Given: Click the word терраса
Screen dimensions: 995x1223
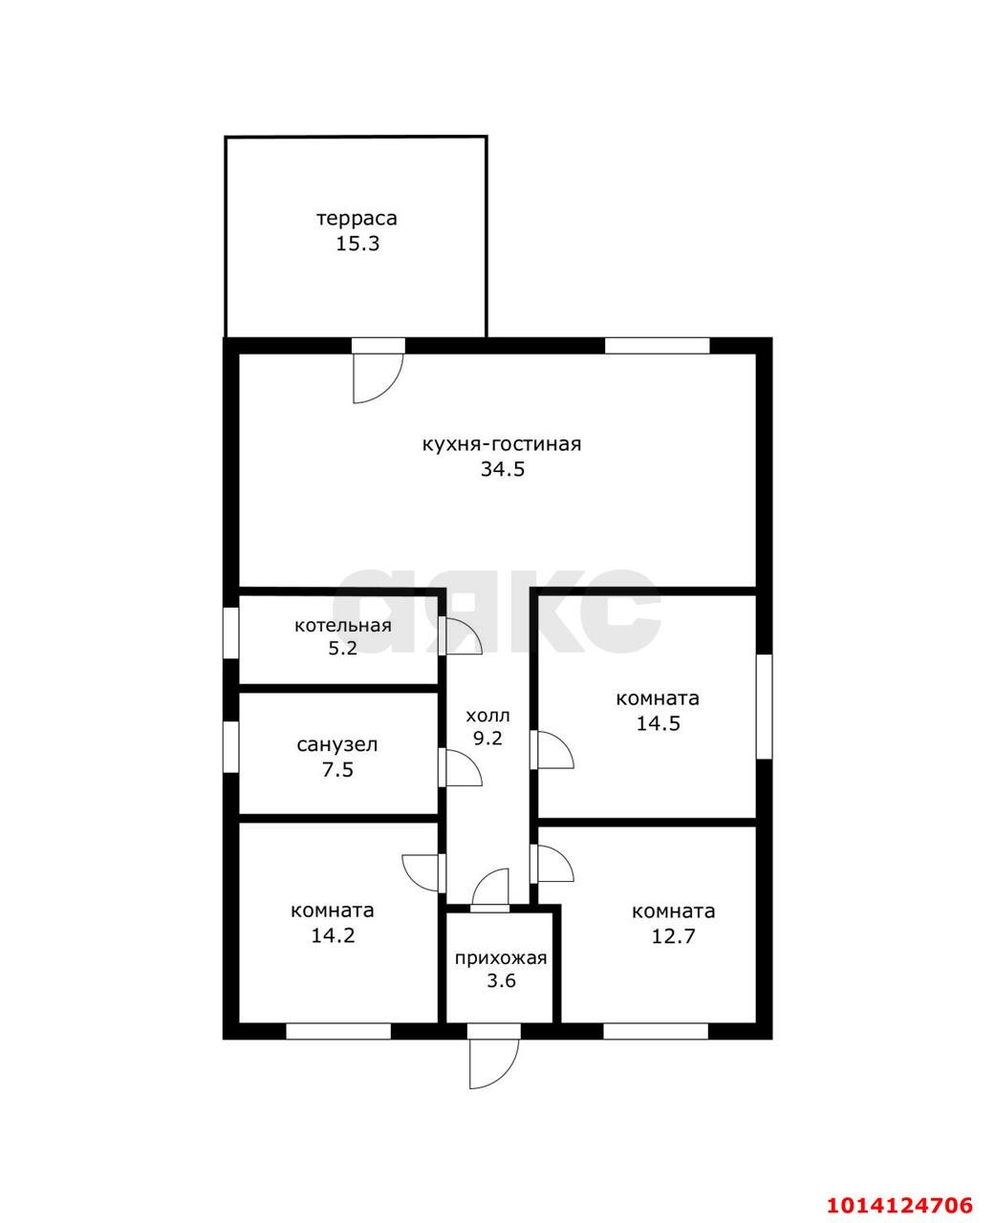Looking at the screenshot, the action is [357, 219].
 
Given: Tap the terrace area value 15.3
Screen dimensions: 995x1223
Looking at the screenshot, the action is [357, 244].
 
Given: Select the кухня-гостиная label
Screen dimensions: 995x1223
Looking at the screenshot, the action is [502, 444].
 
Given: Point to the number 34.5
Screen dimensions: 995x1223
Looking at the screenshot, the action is [503, 469].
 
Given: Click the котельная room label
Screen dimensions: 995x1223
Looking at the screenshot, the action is [343, 625].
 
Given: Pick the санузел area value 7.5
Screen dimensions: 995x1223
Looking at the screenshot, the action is [337, 769].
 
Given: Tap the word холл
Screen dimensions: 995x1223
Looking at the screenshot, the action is [487, 716].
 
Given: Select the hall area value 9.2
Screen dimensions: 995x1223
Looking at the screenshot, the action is [487, 738].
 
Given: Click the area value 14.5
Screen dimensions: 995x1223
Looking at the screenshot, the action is [658, 723].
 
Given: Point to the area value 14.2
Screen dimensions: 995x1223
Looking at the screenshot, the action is [333, 935].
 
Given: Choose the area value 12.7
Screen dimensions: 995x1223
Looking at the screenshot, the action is [673, 936].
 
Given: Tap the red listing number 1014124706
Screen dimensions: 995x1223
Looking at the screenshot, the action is [900, 1185].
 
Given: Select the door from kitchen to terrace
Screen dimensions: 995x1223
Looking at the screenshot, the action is [378, 377].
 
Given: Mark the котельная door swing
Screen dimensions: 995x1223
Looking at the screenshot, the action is [461, 636].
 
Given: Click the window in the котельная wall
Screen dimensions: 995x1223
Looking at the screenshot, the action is [230, 633].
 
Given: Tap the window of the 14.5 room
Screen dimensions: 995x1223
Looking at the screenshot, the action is [764, 706].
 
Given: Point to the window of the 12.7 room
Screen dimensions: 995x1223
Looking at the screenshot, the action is [656, 1031].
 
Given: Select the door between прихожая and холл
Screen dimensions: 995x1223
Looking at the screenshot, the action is [490, 890].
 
